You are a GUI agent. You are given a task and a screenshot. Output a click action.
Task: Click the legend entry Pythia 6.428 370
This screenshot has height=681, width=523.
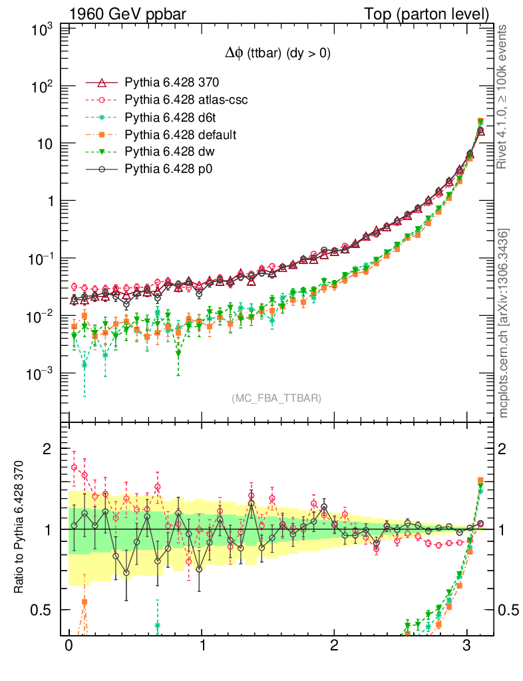tap(172, 83)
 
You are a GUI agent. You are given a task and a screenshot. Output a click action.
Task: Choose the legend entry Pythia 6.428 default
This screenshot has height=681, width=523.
tap(180, 135)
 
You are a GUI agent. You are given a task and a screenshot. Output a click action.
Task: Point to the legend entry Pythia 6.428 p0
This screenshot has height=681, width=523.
tap(168, 170)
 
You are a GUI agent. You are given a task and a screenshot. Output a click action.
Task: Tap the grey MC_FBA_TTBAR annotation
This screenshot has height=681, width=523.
tap(277, 398)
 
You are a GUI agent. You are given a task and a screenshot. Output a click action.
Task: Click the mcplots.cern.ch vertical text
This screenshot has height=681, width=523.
tap(504, 323)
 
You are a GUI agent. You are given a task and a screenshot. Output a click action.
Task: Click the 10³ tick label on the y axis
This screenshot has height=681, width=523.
tap(43, 30)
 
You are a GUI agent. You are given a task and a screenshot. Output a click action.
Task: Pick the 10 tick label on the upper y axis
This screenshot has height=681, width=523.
tap(45, 144)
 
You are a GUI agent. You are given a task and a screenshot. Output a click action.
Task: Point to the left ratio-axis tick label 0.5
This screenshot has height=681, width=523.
tap(43, 610)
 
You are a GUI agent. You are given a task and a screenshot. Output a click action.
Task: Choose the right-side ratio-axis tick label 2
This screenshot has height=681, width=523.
tap(504, 449)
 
